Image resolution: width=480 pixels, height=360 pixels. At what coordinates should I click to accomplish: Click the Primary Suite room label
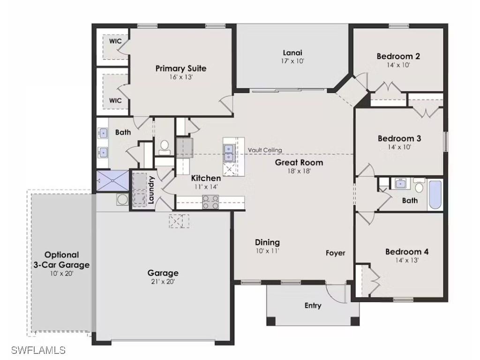coord(180,68)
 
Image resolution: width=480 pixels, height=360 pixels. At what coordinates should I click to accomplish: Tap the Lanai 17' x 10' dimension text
coord(292,61)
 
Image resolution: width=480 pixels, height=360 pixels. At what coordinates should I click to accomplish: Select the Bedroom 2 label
coord(398,56)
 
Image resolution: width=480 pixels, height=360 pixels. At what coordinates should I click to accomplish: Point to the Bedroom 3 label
coord(399,138)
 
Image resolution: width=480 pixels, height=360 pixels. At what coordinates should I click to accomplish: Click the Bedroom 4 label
coord(406,252)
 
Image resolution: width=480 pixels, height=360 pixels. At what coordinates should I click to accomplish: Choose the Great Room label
coord(299,163)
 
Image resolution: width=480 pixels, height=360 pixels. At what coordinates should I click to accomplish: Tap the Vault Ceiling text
coord(265,150)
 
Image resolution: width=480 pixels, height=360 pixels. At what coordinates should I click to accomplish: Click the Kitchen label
coord(206,178)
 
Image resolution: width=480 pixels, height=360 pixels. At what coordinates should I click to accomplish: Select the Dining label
coord(267,242)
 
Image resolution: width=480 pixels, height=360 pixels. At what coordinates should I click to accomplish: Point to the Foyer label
coord(335,253)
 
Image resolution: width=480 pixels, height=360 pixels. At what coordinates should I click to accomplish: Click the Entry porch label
coord(313,306)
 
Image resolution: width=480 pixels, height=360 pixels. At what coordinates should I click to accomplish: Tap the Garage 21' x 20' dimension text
coord(163,282)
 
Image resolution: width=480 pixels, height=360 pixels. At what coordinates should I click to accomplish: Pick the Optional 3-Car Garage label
coord(61,260)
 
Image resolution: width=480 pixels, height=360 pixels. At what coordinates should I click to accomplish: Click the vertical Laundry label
coord(151,190)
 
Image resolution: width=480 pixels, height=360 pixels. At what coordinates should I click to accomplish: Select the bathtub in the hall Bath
coord(435,194)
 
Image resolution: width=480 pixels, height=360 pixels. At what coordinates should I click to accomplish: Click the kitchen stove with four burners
coord(210,202)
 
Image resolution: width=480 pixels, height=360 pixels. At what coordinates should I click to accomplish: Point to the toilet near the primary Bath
coord(164,147)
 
